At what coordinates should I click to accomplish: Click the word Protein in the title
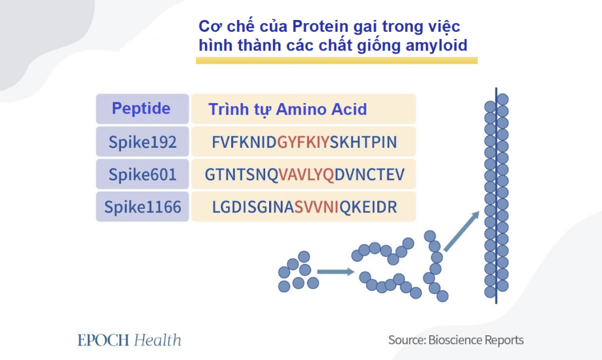(320, 27)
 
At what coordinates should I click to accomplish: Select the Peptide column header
(141, 109)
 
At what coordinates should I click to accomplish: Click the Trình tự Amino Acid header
(287, 109)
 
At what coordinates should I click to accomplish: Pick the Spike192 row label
(142, 142)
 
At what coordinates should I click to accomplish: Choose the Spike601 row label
(142, 174)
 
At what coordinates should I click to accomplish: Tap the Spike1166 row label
(142, 207)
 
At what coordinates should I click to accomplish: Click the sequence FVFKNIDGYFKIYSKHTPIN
(304, 142)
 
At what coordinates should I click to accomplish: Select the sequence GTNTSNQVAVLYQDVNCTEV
(304, 174)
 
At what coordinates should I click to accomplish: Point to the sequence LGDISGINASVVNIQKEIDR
(304, 207)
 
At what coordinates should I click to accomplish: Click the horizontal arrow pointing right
(335, 272)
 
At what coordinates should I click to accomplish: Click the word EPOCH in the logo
(103, 340)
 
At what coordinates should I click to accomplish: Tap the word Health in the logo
(157, 340)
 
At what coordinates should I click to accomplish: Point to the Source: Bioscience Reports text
(456, 340)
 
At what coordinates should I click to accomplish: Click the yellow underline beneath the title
(336, 60)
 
